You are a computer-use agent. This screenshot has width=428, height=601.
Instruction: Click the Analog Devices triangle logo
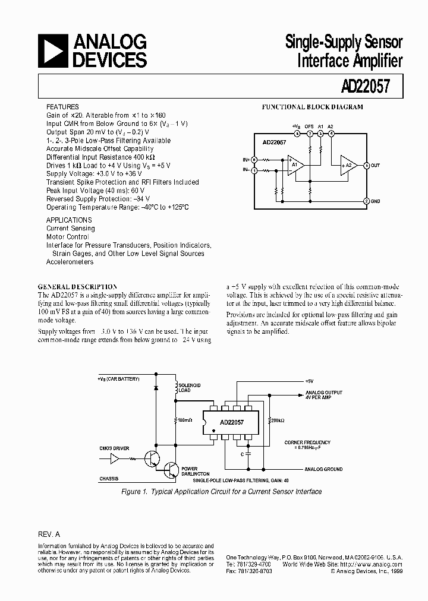tap(52, 51)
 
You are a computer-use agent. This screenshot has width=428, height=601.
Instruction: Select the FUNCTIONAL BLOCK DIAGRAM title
tap(313, 107)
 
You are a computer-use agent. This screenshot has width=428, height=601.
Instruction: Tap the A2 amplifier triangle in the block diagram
tap(348, 165)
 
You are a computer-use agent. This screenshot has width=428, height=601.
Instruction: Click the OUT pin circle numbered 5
tap(366, 165)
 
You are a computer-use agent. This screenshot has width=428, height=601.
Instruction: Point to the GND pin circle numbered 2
tap(366, 201)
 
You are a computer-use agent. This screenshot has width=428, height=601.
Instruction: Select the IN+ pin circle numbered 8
tap(254, 160)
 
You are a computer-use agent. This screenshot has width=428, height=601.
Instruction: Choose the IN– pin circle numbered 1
tap(254, 170)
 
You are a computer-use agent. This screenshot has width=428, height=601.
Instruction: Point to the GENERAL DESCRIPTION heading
tap(77, 287)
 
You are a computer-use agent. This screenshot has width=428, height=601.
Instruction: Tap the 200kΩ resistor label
tap(277, 420)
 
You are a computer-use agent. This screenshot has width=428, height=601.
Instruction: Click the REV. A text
tap(49, 534)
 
